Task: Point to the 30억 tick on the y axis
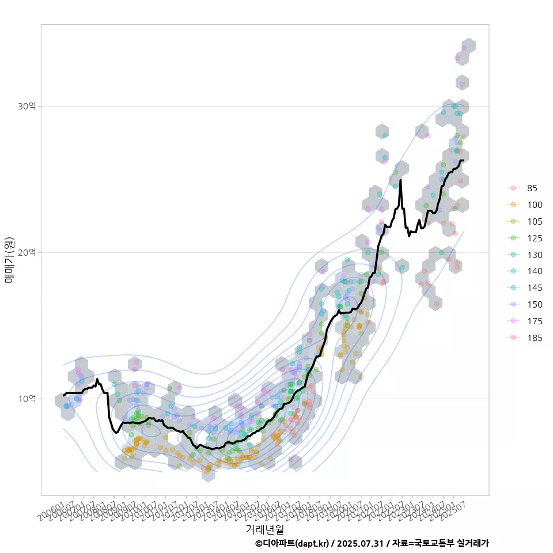tap(27, 106)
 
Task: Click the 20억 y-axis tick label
tap(27, 252)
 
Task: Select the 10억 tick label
tap(27, 399)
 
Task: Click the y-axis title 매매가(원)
tap(10, 260)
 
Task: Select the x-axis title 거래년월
tap(264, 529)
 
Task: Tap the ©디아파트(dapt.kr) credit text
tap(292, 543)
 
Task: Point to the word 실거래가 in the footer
tap(472, 543)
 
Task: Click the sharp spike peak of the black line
tap(400, 180)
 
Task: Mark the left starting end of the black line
tap(63, 396)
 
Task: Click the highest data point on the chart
tap(464, 48)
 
